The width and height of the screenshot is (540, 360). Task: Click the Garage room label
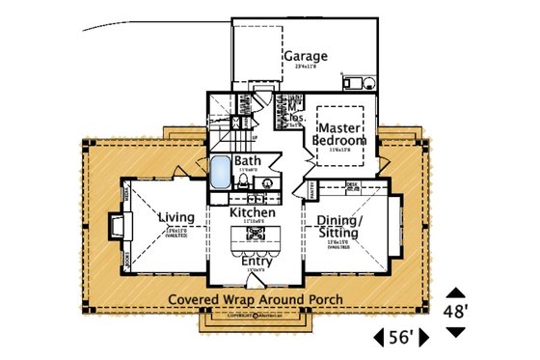coord(304,57)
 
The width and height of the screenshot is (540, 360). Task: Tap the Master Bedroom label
coord(341,134)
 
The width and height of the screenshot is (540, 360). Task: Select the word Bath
coord(248,161)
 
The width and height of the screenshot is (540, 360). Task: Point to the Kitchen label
coord(254,211)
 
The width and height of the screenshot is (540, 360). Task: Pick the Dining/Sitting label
coord(338,227)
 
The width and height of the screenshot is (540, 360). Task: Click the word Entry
coord(256,261)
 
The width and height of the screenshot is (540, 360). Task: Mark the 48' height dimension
coord(456,311)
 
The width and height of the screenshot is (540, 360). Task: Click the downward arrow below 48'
coord(456,331)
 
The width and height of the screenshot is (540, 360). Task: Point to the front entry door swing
coord(255,273)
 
